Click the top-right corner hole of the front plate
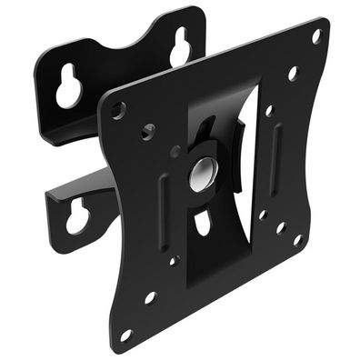click(316, 36)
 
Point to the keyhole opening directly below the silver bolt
click(202, 221)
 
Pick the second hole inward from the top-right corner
click(292, 74)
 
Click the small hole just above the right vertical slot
click(269, 110)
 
